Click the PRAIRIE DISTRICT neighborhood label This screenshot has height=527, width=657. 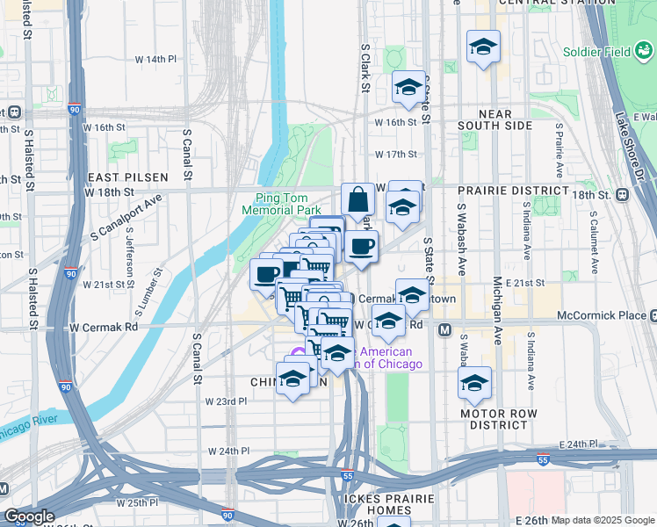coord(513,190)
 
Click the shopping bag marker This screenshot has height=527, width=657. coord(358,200)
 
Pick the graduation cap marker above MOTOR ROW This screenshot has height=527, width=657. coord(474,383)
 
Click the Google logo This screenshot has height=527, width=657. coord(29,516)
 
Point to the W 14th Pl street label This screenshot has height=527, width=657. coord(155,59)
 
